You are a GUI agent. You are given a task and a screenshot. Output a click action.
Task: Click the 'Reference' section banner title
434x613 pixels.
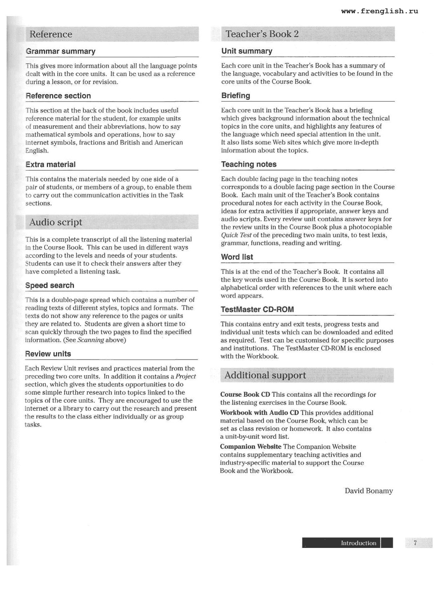click(x=51, y=34)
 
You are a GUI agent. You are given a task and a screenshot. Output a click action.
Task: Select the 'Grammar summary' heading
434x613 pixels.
click(x=61, y=51)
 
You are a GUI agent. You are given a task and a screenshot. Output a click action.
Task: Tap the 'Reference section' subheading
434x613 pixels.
click(x=58, y=96)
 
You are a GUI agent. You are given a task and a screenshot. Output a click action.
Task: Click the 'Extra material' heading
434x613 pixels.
click(x=50, y=164)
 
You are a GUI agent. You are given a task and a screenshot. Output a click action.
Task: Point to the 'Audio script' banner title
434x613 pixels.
click(x=56, y=222)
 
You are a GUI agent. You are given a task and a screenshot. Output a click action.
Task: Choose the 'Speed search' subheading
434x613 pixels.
click(x=50, y=286)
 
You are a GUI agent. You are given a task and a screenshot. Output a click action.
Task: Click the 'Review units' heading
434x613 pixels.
click(x=48, y=354)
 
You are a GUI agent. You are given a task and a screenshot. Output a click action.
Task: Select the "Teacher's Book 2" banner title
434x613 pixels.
click(x=262, y=34)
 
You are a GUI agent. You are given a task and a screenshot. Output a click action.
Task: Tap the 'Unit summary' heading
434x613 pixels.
click(x=247, y=51)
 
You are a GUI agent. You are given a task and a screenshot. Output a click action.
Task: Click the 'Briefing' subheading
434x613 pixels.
click(x=236, y=96)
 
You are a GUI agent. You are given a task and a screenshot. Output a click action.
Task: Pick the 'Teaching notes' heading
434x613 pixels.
click(x=249, y=164)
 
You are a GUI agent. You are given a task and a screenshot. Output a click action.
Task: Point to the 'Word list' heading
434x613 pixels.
click(x=237, y=257)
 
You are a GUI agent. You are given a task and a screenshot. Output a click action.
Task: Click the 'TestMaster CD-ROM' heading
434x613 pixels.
click(x=257, y=310)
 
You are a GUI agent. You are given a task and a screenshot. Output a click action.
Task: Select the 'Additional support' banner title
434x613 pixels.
click(x=265, y=375)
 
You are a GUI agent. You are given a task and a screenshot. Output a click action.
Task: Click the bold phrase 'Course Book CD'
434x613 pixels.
click(x=245, y=395)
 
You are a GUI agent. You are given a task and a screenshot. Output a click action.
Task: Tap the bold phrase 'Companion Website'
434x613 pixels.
click(x=251, y=447)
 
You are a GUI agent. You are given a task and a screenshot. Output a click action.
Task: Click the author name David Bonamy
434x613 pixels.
click(x=369, y=491)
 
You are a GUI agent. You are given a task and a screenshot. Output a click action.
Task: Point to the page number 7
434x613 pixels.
click(x=415, y=543)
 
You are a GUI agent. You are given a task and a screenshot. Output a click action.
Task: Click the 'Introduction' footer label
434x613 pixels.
click(x=358, y=543)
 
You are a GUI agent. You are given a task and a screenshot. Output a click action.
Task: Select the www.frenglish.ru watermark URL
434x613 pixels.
click(x=379, y=11)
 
